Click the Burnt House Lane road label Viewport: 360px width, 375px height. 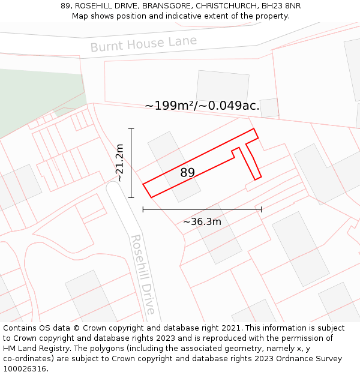pyautogui.click(x=143, y=44)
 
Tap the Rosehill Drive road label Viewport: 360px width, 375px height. pyautogui.click(x=143, y=274)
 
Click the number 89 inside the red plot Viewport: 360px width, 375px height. pyautogui.click(x=188, y=173)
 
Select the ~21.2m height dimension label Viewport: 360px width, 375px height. pyautogui.click(x=120, y=163)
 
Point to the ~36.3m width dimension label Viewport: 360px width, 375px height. pyautogui.click(x=202, y=222)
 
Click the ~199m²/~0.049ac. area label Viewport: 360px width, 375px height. pyautogui.click(x=202, y=106)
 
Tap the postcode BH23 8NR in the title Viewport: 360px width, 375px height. pyautogui.click(x=281, y=6)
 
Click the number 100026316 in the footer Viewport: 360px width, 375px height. pyautogui.click(x=25, y=368)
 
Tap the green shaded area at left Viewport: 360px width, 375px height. pyautogui.click(x=36, y=96)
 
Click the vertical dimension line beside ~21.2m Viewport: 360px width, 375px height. pyautogui.click(x=131, y=163)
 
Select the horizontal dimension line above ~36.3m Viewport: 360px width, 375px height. pyautogui.click(x=202, y=209)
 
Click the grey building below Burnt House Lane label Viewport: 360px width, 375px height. pyautogui.click(x=223, y=87)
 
